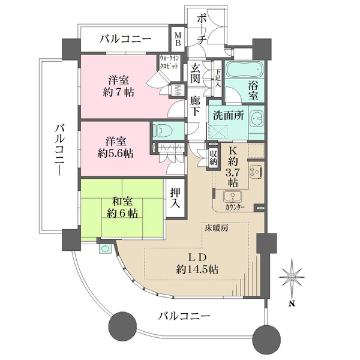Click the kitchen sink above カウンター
(230, 197)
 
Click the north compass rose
(292, 277)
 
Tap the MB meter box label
(178, 40)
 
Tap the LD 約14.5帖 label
(193, 263)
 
